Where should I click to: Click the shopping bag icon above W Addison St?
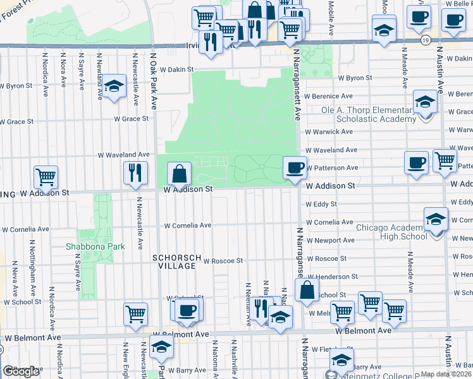(x=180, y=173)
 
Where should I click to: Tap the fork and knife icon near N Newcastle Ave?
(x=135, y=173)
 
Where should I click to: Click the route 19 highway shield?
(x=426, y=40)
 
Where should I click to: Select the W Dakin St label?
(x=176, y=69)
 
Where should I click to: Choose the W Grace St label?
(x=131, y=118)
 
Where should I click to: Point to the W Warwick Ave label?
(x=329, y=132)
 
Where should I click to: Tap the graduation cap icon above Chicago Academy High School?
(x=434, y=219)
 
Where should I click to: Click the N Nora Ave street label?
(x=63, y=75)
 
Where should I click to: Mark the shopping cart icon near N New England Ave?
(x=135, y=314)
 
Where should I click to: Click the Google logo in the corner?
(x=21, y=371)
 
